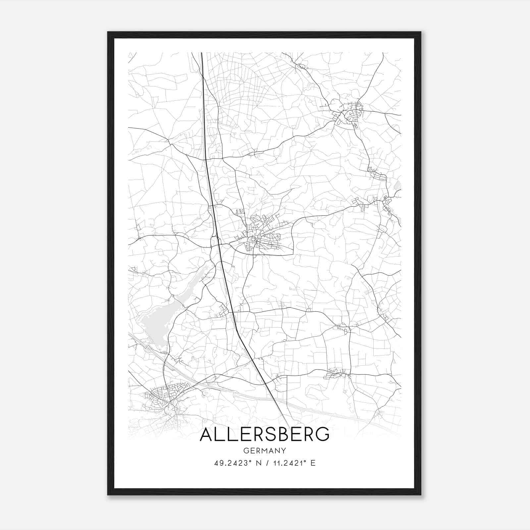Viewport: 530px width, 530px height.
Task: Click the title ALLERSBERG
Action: [265, 434]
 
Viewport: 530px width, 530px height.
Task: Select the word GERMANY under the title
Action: [265, 450]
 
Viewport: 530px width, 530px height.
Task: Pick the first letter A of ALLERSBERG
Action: [207, 434]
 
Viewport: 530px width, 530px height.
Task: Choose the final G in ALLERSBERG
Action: [322, 434]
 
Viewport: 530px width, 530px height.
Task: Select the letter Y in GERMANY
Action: [284, 450]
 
